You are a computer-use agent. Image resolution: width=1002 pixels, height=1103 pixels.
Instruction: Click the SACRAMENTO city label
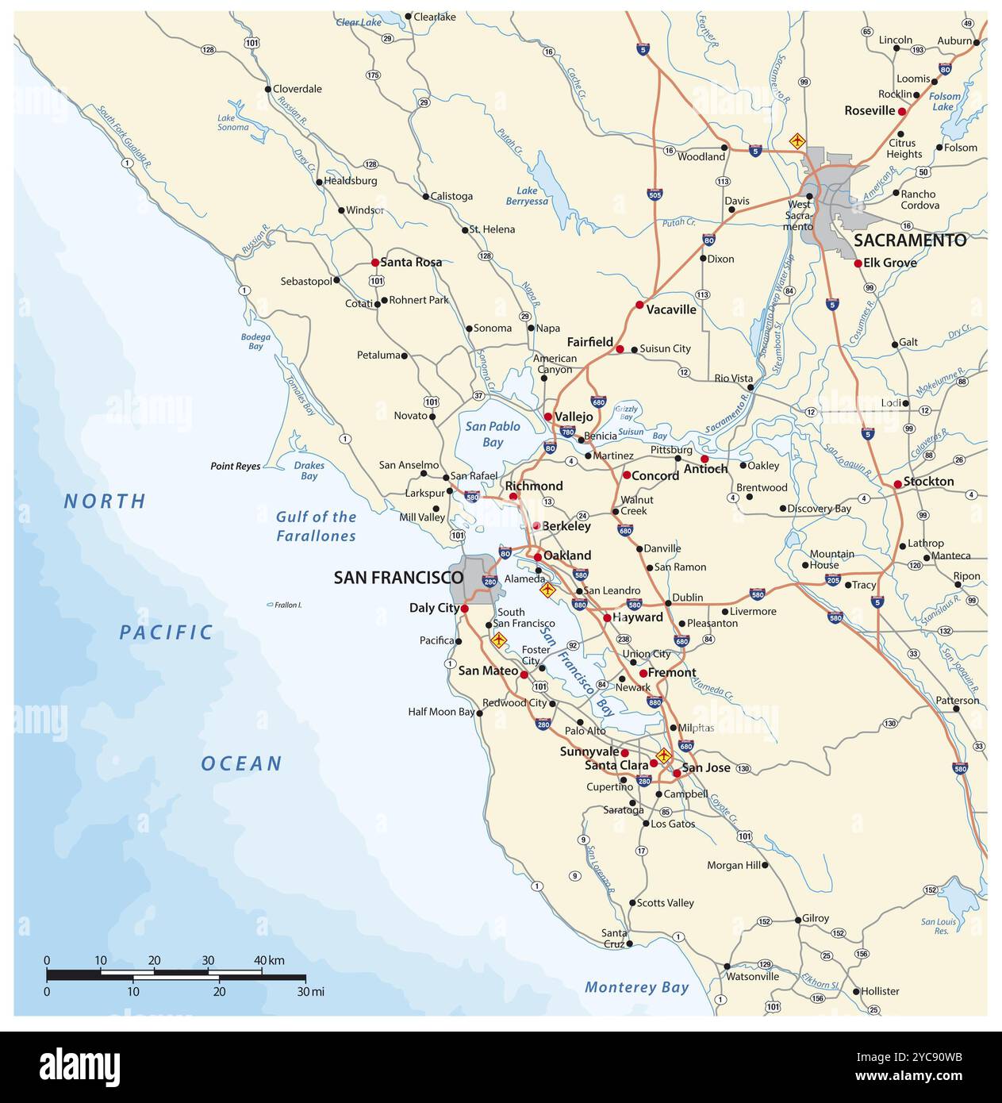pyautogui.click(x=910, y=240)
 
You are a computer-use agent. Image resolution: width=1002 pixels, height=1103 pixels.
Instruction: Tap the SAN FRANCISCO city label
pyautogui.click(x=398, y=578)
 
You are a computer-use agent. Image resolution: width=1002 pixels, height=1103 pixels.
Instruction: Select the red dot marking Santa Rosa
pyautogui.click(x=375, y=262)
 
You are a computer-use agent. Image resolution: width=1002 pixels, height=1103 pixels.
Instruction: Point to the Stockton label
pyautogui.click(x=928, y=482)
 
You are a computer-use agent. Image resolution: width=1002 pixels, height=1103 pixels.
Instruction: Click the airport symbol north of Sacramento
pyautogui.click(x=797, y=141)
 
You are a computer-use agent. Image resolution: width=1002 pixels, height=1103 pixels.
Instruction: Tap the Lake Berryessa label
pyautogui.click(x=527, y=196)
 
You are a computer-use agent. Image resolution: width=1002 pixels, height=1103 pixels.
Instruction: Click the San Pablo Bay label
pyautogui.click(x=493, y=434)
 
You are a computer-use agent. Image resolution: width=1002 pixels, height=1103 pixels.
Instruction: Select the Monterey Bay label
pyautogui.click(x=636, y=988)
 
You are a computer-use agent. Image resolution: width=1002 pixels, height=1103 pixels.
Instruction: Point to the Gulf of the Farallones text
pyautogui.click(x=316, y=526)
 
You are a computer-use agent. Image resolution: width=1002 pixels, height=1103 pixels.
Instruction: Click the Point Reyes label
pyautogui.click(x=235, y=467)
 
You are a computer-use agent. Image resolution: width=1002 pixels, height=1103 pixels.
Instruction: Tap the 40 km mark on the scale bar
pyautogui.click(x=263, y=961)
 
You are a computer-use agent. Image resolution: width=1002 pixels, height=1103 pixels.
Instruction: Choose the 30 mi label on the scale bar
pyautogui.click(x=309, y=992)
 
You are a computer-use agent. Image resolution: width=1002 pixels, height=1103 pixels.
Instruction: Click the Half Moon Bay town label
pyautogui.click(x=442, y=712)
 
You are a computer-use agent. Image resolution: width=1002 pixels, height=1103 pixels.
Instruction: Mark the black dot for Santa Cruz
pyautogui.click(x=629, y=944)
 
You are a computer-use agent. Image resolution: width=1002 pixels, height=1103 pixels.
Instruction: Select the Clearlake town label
pyautogui.click(x=435, y=16)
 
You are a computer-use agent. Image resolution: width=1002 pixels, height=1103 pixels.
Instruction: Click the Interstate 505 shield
pyautogui.click(x=655, y=194)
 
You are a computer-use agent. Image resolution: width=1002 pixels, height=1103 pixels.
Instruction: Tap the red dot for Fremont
pyautogui.click(x=643, y=673)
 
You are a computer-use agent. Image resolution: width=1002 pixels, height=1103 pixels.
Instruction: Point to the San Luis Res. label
pyautogui.click(x=939, y=926)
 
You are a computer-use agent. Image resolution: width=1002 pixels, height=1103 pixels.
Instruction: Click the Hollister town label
pyautogui.click(x=880, y=991)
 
